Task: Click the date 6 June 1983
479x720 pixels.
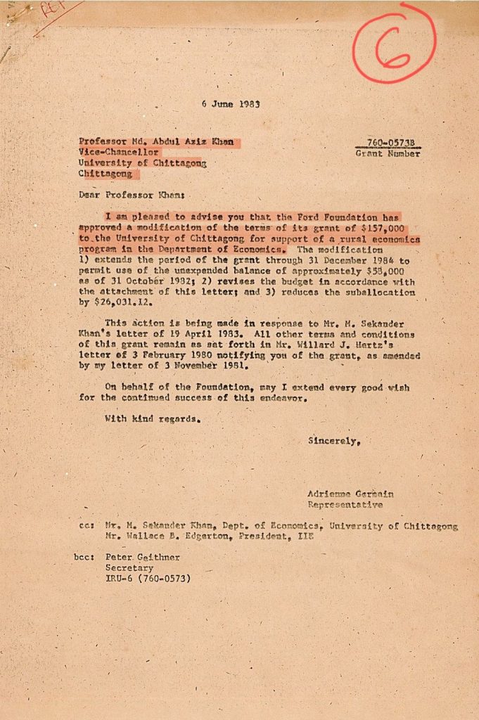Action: tap(231, 104)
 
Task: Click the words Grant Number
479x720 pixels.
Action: tap(388, 153)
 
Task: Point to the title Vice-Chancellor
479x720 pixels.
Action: tap(119, 152)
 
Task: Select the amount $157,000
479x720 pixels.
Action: tap(382, 229)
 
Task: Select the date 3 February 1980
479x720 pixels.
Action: tap(167, 356)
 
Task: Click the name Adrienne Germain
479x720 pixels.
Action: tap(350, 494)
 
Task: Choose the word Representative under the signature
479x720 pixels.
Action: tap(345, 505)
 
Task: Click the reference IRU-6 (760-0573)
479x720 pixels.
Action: tap(148, 579)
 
